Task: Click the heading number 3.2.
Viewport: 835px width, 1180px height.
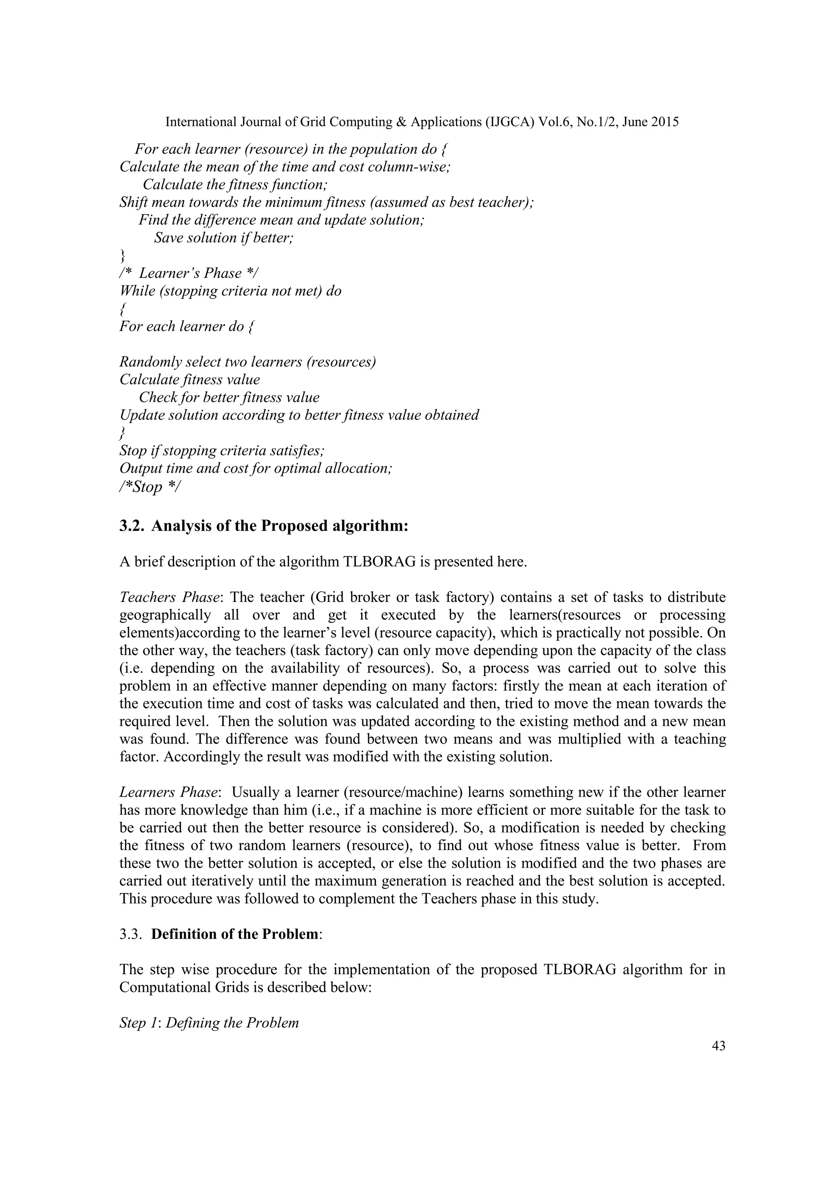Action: pyautogui.click(x=132, y=527)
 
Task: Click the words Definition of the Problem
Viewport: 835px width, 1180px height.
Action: pyautogui.click(x=234, y=934)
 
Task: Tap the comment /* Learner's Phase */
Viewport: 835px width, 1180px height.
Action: pyautogui.click(x=189, y=273)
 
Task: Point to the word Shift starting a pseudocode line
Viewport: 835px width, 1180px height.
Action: pyautogui.click(x=134, y=202)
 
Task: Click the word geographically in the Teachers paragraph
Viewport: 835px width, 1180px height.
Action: pyautogui.click(x=165, y=615)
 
